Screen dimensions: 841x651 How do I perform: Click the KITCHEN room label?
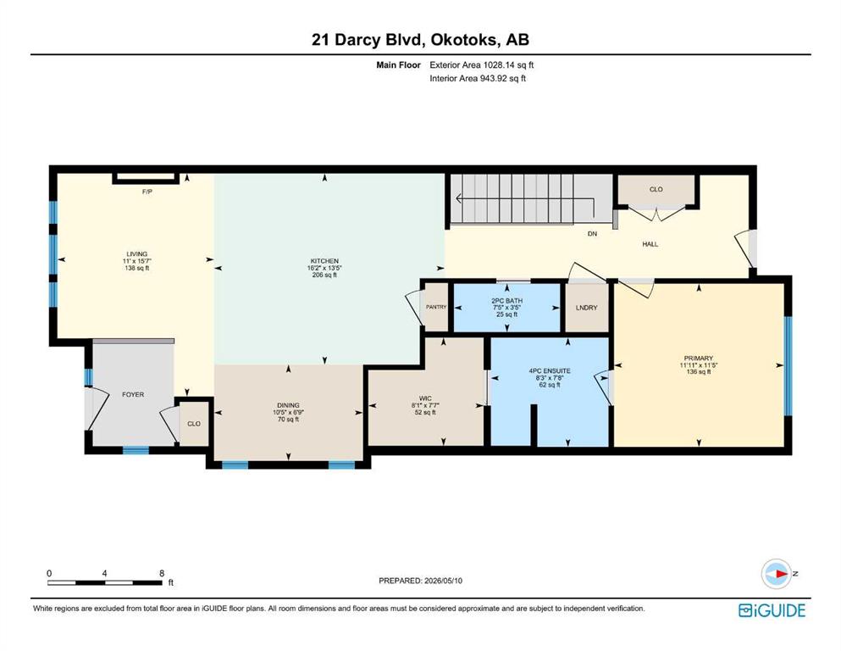click(x=324, y=261)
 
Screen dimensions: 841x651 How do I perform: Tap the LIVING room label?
click(x=136, y=253)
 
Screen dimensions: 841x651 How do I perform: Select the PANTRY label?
click(x=436, y=307)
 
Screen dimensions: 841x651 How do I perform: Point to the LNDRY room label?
click(x=586, y=308)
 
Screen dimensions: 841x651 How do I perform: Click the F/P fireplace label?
click(x=147, y=192)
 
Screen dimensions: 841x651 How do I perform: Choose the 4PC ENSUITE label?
click(x=549, y=371)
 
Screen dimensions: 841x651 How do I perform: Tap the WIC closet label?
click(x=425, y=398)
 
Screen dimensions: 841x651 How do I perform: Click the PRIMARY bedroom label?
click(x=699, y=358)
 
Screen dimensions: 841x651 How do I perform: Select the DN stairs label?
click(x=592, y=234)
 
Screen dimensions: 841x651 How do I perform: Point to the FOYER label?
click(x=133, y=394)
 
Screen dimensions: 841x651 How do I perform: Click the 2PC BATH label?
click(x=506, y=301)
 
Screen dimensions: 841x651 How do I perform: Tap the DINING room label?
click(x=289, y=405)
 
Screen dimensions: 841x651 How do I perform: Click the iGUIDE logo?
click(x=772, y=611)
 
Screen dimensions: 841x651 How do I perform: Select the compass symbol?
click(x=777, y=574)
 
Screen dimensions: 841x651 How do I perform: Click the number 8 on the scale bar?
click(x=162, y=573)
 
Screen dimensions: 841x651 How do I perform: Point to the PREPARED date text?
click(x=420, y=581)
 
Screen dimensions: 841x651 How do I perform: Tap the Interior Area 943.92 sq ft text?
click(x=478, y=78)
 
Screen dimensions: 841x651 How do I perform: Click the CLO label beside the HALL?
click(x=656, y=189)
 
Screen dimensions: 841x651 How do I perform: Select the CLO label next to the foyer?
click(x=194, y=424)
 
